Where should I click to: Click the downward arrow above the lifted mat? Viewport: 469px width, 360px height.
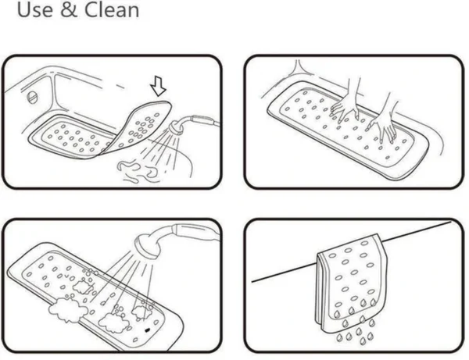[158, 87]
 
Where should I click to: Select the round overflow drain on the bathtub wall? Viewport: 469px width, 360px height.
[33, 98]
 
